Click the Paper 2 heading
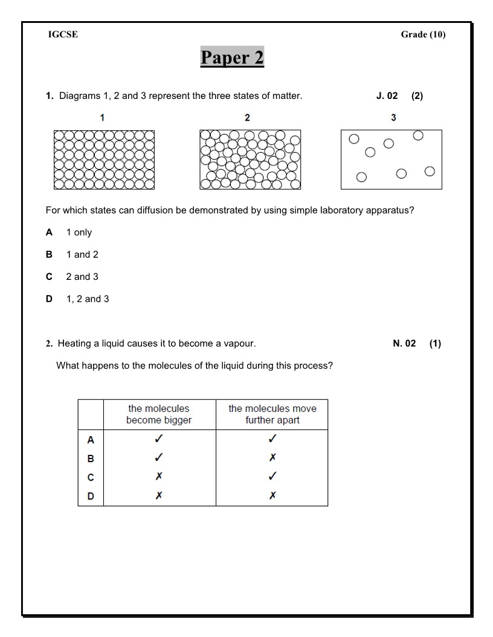click(232, 58)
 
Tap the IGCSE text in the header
click(63, 34)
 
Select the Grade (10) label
click(423, 34)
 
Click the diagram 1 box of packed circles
click(103, 160)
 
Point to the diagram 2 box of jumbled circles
click(250, 160)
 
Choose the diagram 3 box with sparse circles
click(391, 160)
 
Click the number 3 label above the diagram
click(393, 118)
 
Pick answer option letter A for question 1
click(50, 232)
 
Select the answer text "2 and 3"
click(82, 277)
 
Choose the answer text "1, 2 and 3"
click(88, 299)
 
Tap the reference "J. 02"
click(387, 96)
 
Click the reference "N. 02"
click(404, 344)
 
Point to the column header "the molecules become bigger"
click(159, 414)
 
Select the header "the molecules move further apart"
click(272, 414)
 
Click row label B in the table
click(91, 458)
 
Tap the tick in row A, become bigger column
click(159, 439)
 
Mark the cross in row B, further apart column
click(272, 458)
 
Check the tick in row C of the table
click(272, 477)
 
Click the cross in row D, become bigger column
click(159, 495)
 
